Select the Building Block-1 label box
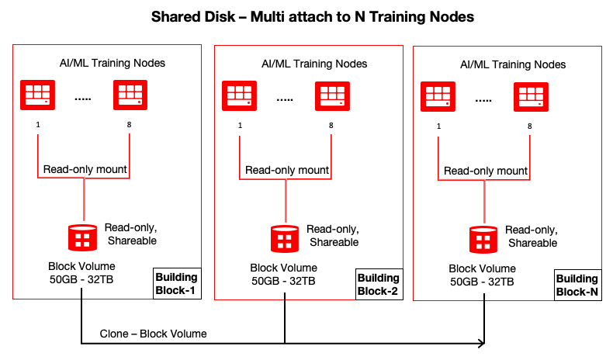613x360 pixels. [x=176, y=284]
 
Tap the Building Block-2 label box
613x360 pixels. [x=378, y=284]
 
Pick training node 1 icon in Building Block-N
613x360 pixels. [x=438, y=96]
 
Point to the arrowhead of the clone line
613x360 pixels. [x=483, y=342]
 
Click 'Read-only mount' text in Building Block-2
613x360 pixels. [x=286, y=170]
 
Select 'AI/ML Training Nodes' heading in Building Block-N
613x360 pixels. [x=513, y=64]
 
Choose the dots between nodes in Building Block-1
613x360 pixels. [x=83, y=98]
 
